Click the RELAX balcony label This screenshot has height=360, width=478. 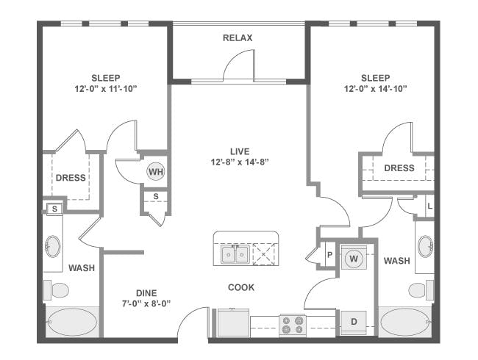238,37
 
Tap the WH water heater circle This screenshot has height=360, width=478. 155,172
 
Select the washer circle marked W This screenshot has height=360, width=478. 354,259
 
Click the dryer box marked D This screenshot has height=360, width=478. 353,322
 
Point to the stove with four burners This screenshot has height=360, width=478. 292,324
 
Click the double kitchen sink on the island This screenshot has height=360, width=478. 235,255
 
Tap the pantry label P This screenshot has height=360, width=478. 330,254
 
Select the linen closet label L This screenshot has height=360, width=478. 429,206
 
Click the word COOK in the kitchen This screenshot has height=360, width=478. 240,287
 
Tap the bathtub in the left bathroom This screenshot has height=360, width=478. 72,321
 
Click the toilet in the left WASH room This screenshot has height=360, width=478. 56,289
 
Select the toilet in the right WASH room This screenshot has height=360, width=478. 421,289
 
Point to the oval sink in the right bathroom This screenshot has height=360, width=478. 425,245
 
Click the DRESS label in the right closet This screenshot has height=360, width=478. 399,168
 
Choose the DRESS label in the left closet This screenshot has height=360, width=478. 71,177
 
